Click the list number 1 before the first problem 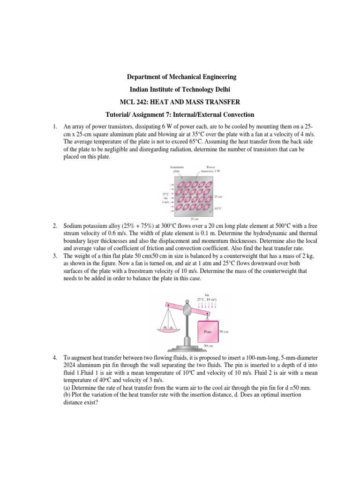pos(54,127)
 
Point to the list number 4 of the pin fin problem pos(54,359)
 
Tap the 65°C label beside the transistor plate pos(218,209)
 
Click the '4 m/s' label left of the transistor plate pos(165,202)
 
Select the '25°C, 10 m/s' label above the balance pos(206,299)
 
